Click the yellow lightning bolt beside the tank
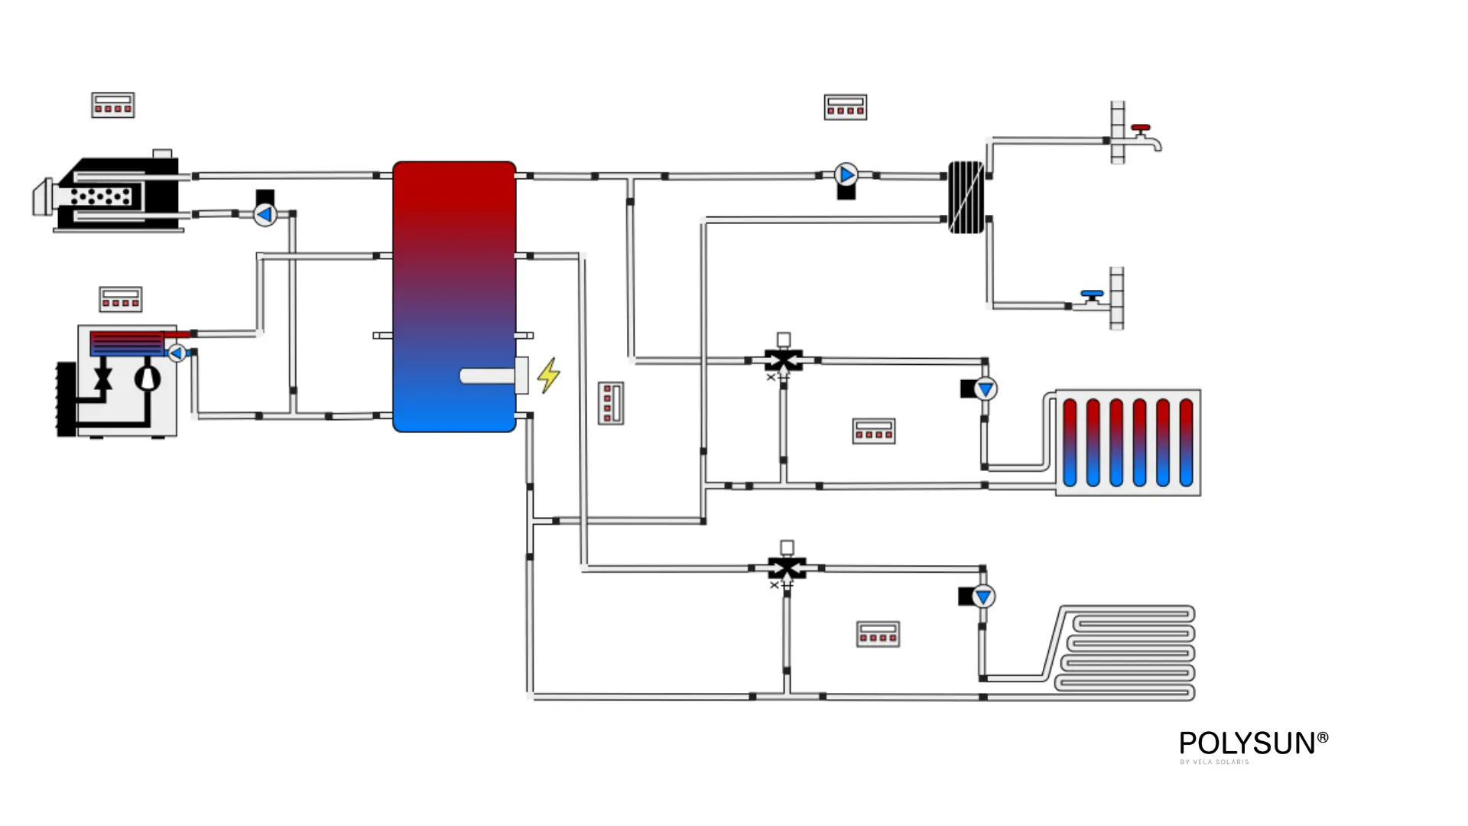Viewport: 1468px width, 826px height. tap(548, 376)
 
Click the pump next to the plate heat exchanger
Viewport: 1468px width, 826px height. tap(846, 175)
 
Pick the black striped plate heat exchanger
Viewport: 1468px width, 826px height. tap(966, 197)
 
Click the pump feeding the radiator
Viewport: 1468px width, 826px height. tap(986, 389)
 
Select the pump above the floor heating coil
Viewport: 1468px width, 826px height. tap(983, 597)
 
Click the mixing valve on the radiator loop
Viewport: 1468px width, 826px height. tap(784, 359)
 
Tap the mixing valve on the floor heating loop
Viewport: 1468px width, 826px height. tap(787, 567)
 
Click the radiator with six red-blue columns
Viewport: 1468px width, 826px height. tap(1128, 443)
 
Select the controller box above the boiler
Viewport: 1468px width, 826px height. tap(113, 105)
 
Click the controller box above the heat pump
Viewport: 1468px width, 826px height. tap(121, 299)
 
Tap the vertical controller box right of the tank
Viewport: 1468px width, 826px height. tap(610, 403)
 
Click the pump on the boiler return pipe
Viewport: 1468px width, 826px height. tap(265, 215)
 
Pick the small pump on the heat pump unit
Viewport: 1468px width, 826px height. tap(177, 353)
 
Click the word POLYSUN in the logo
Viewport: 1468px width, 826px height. tap(1247, 743)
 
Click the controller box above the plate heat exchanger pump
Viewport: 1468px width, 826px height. tap(845, 107)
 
